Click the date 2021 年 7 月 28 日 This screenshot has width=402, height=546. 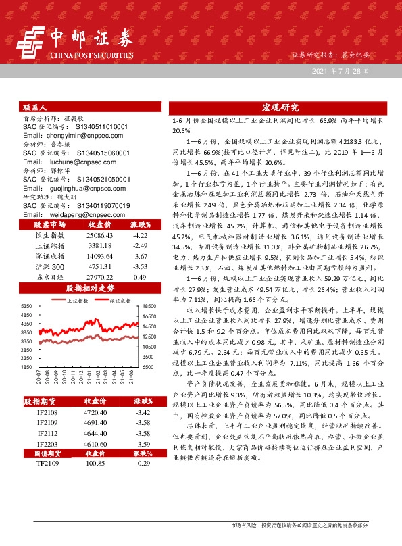click(x=341, y=70)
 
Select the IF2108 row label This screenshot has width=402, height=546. click(x=48, y=411)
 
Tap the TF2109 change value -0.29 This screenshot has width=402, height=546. click(x=141, y=465)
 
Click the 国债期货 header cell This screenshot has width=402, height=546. click(x=48, y=454)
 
